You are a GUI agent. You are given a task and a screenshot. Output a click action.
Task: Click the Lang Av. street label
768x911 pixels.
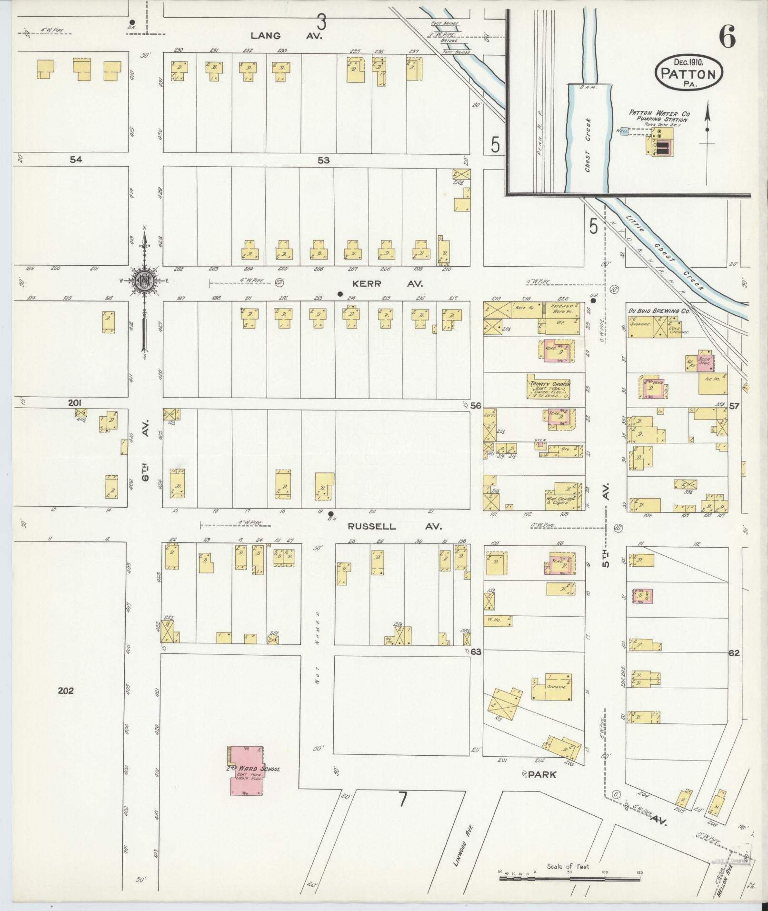click(x=287, y=35)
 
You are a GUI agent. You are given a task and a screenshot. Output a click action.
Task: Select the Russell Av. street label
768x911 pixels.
click(x=395, y=527)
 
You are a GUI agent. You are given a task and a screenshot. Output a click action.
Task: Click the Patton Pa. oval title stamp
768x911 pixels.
click(x=689, y=72)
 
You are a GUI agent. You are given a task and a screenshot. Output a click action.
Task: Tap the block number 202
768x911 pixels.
click(x=66, y=691)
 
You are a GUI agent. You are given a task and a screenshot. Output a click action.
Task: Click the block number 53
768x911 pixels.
click(x=323, y=160)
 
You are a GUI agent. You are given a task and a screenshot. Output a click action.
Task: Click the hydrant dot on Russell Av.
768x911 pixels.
click(x=331, y=514)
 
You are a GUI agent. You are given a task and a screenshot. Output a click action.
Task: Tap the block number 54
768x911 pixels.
click(x=76, y=160)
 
